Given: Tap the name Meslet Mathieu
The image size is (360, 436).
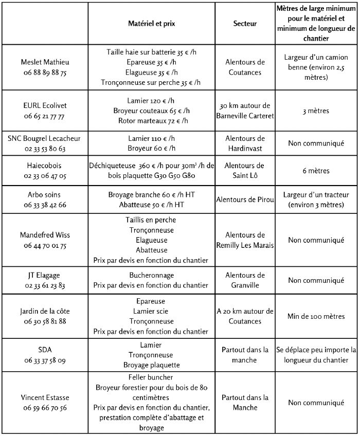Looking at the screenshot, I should click(45, 62).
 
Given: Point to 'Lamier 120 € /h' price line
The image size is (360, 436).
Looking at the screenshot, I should click(151, 100).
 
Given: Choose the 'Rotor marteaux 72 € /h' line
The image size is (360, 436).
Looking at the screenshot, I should click(151, 120).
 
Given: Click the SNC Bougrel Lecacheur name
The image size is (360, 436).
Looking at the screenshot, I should click(45, 138).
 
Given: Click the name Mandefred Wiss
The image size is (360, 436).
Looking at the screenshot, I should click(45, 235).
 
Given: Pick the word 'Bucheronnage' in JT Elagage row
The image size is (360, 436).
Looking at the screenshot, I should click(151, 275).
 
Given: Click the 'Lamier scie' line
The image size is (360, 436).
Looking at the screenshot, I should click(151, 311).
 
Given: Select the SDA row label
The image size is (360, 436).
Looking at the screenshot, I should click(45, 350).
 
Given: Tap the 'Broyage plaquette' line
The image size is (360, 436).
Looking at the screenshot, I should click(151, 365).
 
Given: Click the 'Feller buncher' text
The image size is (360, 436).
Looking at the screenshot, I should click(151, 377).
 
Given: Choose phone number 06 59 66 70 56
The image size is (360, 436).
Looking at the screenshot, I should click(45, 408).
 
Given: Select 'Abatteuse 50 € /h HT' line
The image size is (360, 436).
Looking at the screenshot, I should click(151, 205).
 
